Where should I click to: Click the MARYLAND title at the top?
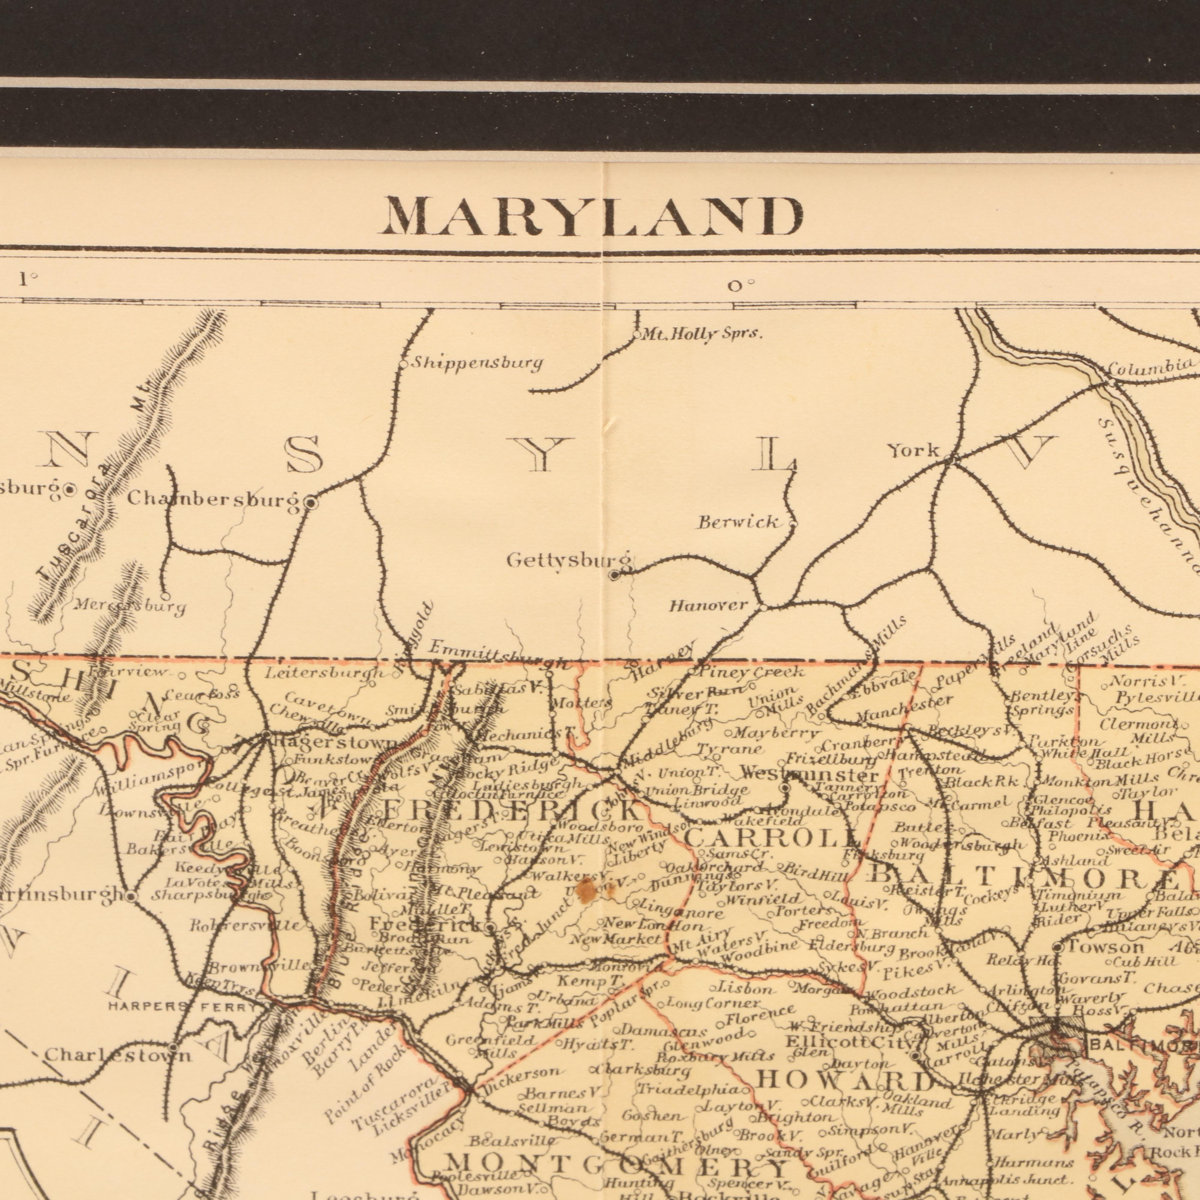(x=593, y=217)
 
